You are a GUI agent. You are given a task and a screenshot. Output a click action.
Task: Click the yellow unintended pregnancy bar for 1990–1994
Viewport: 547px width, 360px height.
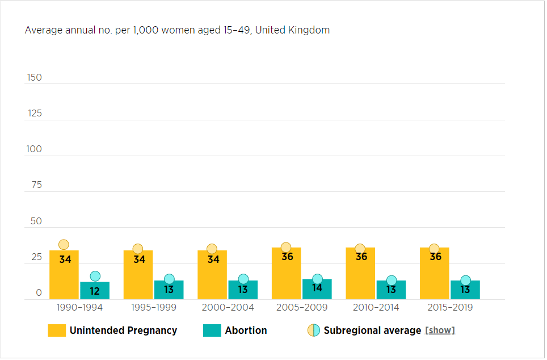tap(64, 275)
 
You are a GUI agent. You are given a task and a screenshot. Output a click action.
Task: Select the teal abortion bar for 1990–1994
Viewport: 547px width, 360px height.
tap(95, 291)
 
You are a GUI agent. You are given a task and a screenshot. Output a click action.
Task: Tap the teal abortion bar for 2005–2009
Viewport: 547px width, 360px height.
tap(317, 289)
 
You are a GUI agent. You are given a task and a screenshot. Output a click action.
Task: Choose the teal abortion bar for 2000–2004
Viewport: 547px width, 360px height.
tap(243, 290)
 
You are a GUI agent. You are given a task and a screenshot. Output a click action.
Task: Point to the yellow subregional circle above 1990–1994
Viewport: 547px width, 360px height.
tap(64, 245)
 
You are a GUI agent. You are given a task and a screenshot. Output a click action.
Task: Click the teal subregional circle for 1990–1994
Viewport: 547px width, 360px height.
tap(95, 276)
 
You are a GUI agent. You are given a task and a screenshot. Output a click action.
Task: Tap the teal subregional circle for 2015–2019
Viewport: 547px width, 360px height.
tap(465, 280)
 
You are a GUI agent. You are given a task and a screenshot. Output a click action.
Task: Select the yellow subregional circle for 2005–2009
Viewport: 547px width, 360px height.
tap(286, 247)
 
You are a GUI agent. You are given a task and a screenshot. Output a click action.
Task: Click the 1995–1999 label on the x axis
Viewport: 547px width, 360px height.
tap(154, 308)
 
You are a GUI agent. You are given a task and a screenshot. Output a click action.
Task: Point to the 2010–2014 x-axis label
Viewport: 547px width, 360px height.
tap(376, 308)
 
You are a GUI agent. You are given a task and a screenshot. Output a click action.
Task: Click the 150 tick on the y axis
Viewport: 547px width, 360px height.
tap(35, 78)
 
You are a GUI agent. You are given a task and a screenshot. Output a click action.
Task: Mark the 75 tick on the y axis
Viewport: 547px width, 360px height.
tap(36, 185)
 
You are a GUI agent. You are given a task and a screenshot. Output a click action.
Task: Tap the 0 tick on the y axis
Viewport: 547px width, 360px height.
tap(39, 293)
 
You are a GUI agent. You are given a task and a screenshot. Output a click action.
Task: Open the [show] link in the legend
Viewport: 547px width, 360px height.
tap(440, 330)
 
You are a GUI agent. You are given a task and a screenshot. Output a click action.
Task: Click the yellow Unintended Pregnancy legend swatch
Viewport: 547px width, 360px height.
tap(57, 330)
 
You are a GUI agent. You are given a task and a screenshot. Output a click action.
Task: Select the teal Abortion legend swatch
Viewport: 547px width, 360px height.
tap(212, 330)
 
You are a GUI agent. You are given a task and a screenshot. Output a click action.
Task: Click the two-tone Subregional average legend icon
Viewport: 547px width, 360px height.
tap(314, 330)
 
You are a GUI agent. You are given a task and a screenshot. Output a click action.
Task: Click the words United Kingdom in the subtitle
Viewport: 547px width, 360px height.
tap(292, 30)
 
